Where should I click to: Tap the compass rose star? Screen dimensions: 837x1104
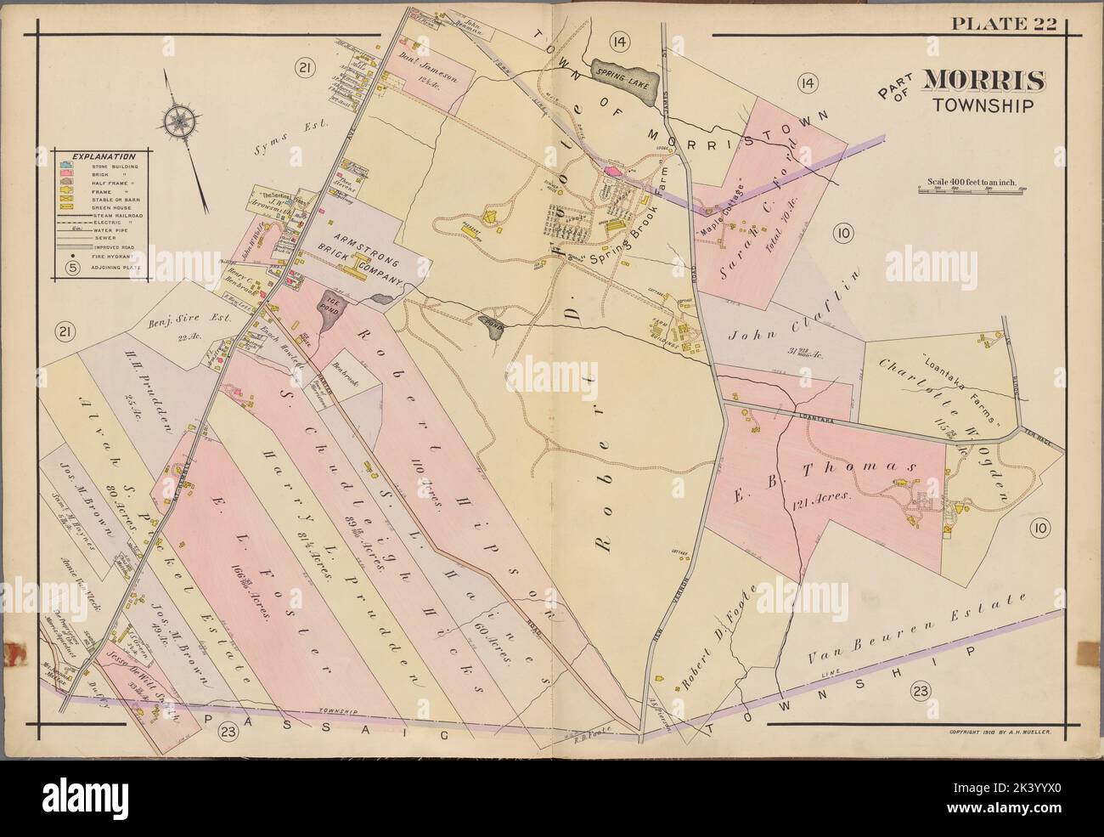[181, 120]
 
